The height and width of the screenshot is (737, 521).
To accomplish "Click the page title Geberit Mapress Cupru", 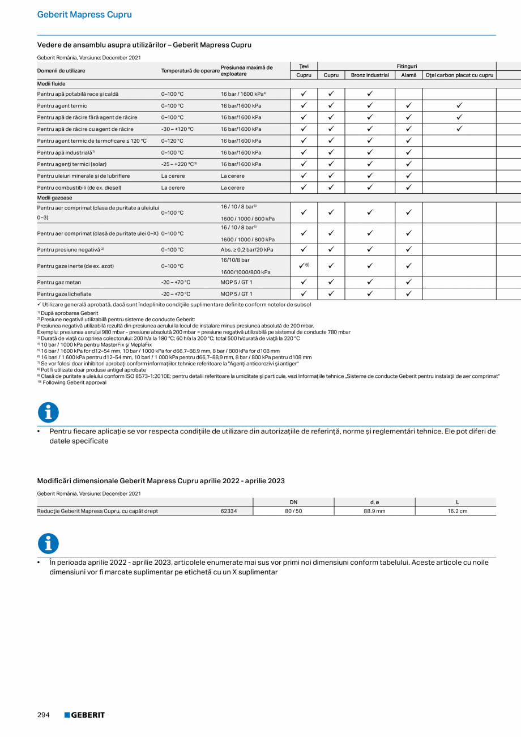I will [84, 15].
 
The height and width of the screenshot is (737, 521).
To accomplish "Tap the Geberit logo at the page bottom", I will [84, 715].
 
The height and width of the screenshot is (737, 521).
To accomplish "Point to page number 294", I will [44, 715].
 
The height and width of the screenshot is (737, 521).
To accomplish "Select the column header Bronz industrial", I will [370, 75].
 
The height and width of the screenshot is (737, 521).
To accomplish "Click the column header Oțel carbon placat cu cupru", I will [459, 75].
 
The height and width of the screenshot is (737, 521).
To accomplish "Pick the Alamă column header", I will [408, 75].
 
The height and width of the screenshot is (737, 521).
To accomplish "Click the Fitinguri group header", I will [407, 66].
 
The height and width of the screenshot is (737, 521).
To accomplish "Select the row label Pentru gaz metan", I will [59, 282].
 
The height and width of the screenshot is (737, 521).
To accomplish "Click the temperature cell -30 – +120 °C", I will [177, 129].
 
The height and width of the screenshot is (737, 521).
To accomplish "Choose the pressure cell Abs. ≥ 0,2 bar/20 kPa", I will [247, 250].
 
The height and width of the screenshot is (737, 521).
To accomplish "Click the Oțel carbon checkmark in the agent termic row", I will [459, 106].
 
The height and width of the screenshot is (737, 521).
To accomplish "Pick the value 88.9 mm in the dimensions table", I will [374, 511].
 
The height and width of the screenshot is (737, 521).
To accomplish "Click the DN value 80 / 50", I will [293, 511].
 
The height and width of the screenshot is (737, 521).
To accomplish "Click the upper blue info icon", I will [48, 412].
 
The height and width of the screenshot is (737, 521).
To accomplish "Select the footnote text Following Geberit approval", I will [74, 382].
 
